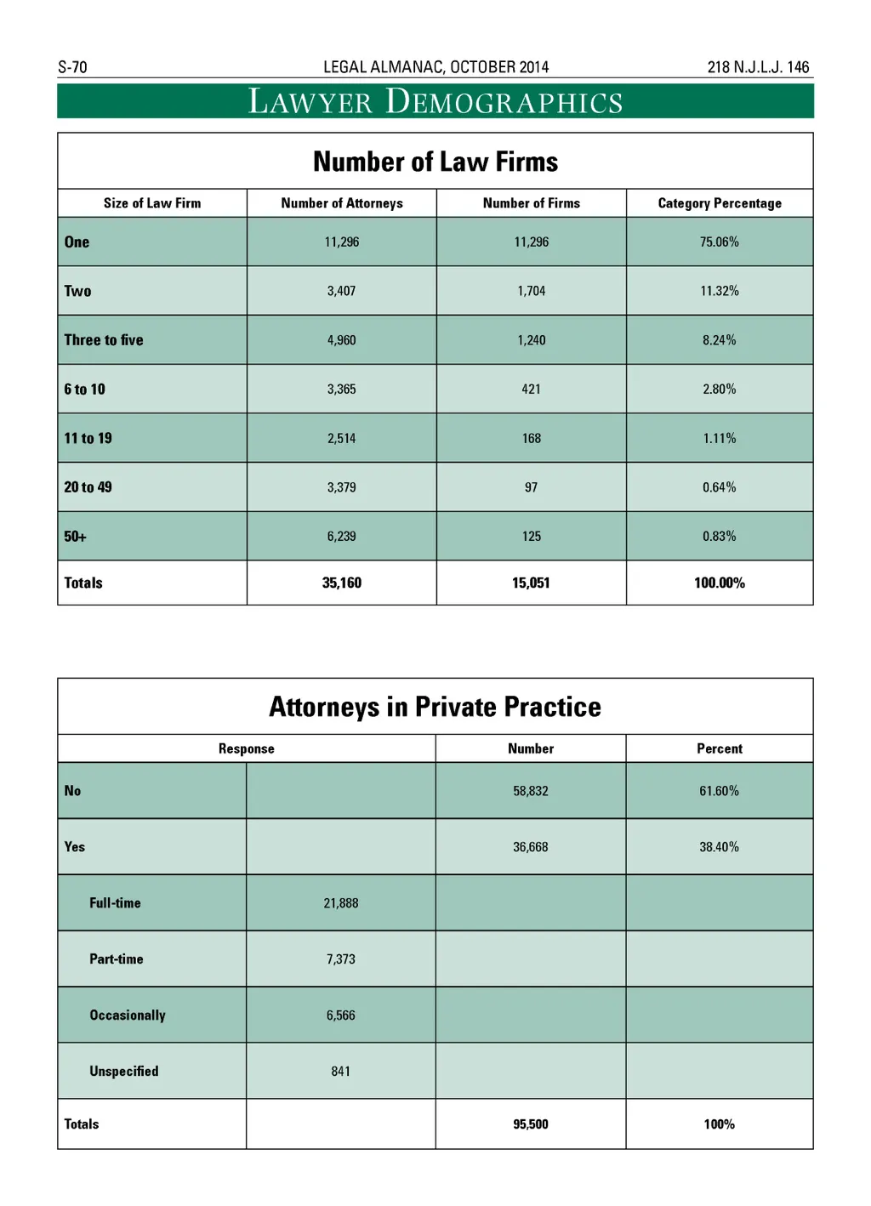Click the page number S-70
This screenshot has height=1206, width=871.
[x=72, y=67]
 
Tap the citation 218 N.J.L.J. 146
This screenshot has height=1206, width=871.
[x=758, y=67]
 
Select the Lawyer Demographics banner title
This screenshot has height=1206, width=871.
[x=435, y=102]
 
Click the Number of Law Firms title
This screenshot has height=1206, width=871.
[x=435, y=162]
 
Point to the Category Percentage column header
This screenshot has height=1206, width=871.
[x=720, y=203]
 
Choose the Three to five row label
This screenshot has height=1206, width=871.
[x=104, y=340]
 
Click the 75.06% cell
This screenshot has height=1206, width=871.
[x=720, y=242]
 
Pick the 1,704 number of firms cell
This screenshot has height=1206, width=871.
[x=532, y=291]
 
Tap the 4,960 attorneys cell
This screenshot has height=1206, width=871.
[x=342, y=340]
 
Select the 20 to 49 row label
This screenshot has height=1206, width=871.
[x=88, y=487]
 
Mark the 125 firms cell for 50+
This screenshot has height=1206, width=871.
[x=532, y=537]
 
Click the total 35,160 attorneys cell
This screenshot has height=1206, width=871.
[x=342, y=583]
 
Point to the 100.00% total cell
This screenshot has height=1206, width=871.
[x=720, y=583]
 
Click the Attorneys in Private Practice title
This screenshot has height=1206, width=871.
[x=435, y=707]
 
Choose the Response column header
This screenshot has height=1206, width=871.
[x=247, y=749]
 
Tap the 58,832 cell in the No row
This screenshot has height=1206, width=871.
[x=531, y=791]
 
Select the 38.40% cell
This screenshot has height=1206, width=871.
[x=720, y=847]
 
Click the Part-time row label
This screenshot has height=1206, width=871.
[x=117, y=959]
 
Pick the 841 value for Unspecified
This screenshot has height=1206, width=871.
[x=341, y=1072]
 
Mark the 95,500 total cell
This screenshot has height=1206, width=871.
[x=531, y=1124]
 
